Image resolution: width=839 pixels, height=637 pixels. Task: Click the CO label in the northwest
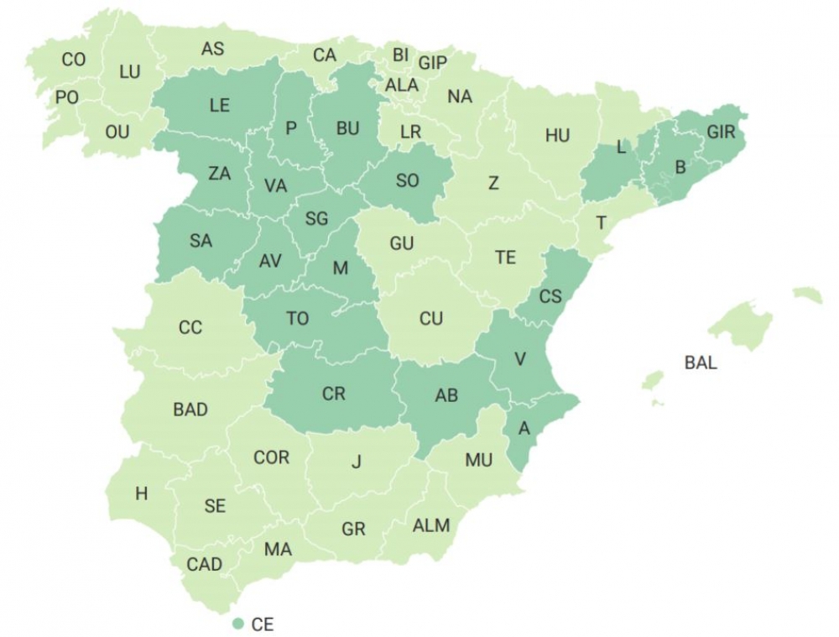(74, 60)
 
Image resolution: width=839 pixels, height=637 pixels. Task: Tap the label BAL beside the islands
(701, 364)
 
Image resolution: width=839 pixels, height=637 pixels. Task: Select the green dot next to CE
(238, 624)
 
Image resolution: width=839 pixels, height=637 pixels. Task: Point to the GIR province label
(721, 132)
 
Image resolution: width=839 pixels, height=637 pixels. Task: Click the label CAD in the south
(204, 564)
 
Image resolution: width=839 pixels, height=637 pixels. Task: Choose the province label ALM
(431, 526)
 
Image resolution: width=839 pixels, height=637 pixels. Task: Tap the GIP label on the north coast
(433, 63)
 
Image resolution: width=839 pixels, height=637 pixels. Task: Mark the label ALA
(402, 85)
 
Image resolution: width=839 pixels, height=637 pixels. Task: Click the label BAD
(190, 410)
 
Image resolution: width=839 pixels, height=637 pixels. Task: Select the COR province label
(271, 457)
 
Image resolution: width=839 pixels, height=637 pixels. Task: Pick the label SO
(407, 180)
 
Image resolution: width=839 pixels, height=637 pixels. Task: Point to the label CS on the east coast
(550, 296)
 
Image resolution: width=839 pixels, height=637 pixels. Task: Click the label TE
(505, 258)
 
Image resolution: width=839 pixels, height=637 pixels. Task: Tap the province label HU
(557, 136)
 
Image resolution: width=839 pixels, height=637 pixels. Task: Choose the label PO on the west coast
(67, 97)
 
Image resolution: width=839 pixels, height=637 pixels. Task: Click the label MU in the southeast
(478, 460)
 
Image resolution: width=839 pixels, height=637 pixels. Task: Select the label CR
(333, 393)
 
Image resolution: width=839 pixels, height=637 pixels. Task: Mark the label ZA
(219, 174)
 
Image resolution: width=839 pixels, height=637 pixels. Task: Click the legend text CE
(263, 624)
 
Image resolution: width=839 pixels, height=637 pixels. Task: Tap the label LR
(410, 132)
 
